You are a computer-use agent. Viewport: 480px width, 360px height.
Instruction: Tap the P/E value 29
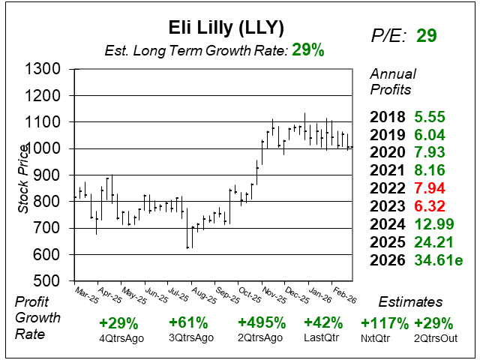click(427, 35)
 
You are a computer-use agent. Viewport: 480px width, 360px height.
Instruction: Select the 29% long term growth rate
click(308, 50)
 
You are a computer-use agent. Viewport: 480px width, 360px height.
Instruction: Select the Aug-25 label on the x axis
click(201, 293)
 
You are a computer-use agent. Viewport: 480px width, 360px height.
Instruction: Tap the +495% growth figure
click(262, 323)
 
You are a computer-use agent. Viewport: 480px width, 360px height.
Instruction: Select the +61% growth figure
click(188, 323)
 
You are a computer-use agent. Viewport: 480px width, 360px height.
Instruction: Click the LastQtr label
click(324, 338)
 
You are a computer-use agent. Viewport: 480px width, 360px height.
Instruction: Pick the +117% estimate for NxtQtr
click(385, 323)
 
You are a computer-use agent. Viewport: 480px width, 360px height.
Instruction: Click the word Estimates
click(409, 302)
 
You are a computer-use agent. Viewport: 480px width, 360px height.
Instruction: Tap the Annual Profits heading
click(391, 82)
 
